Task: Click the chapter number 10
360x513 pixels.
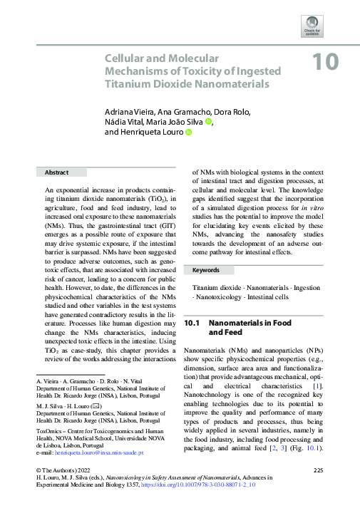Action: pyautogui.click(x=324, y=62)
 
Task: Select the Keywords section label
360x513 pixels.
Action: pyautogui.click(x=206, y=271)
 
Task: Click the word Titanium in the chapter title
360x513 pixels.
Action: pyautogui.click(x=125, y=84)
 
